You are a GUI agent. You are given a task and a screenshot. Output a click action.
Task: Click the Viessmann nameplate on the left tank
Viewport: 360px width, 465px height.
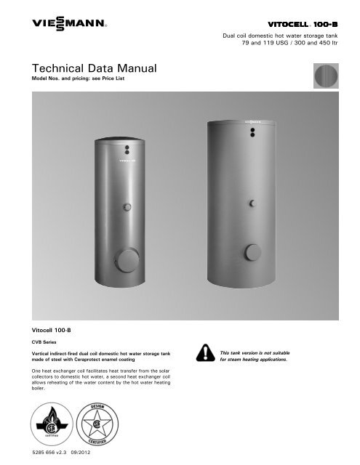[x=129, y=154]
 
